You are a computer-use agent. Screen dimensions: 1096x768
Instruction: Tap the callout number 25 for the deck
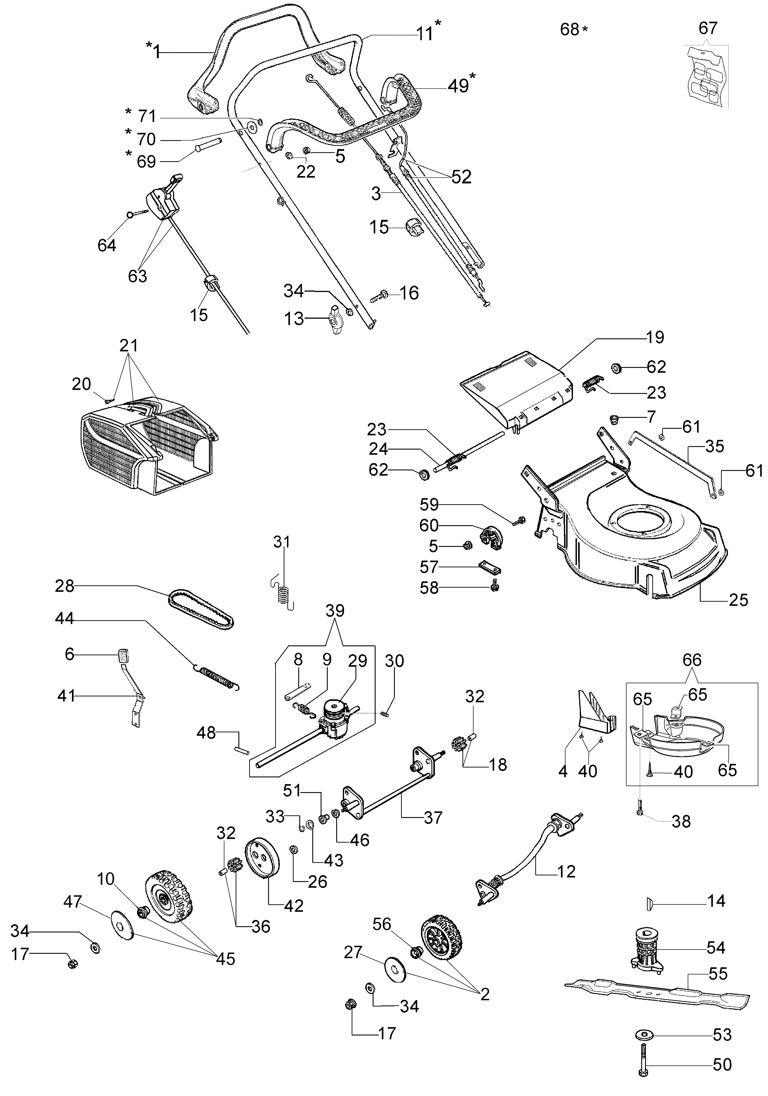[x=738, y=600]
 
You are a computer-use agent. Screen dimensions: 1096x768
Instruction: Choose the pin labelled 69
[x=209, y=145]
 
